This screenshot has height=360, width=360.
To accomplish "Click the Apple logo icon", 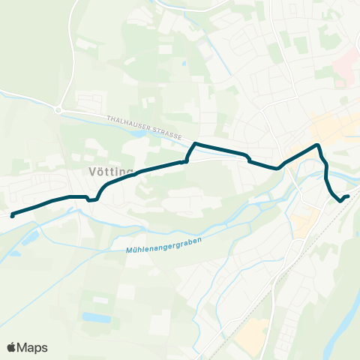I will pos(12,347).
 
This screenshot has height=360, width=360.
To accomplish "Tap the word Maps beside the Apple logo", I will pos(33,347).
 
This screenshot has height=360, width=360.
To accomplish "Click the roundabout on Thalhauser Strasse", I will pos(58,109).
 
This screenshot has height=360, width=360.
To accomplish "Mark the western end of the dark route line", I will pos(13,215).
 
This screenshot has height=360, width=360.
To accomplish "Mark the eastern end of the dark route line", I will pos(347,197).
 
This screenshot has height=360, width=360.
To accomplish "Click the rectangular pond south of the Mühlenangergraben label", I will pos(95,317).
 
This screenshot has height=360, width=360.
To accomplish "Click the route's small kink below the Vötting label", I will pos(92,199).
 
